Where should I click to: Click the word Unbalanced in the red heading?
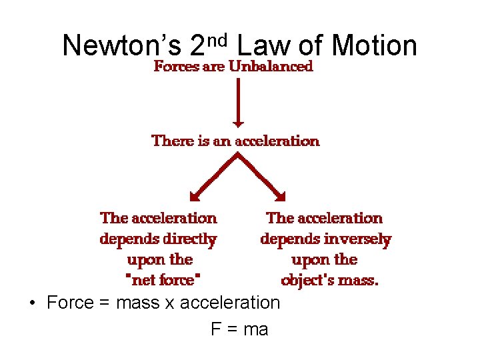pos(271,67)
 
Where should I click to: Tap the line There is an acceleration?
pos(236,141)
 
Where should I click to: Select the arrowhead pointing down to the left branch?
pos(194,196)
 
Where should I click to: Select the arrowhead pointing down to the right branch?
pos(281,196)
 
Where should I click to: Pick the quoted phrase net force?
pos(163,280)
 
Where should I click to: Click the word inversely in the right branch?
pos(360,239)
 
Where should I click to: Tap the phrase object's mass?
pos(329,280)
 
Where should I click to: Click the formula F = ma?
pos(239,329)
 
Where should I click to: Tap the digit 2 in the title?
pos(197,45)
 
